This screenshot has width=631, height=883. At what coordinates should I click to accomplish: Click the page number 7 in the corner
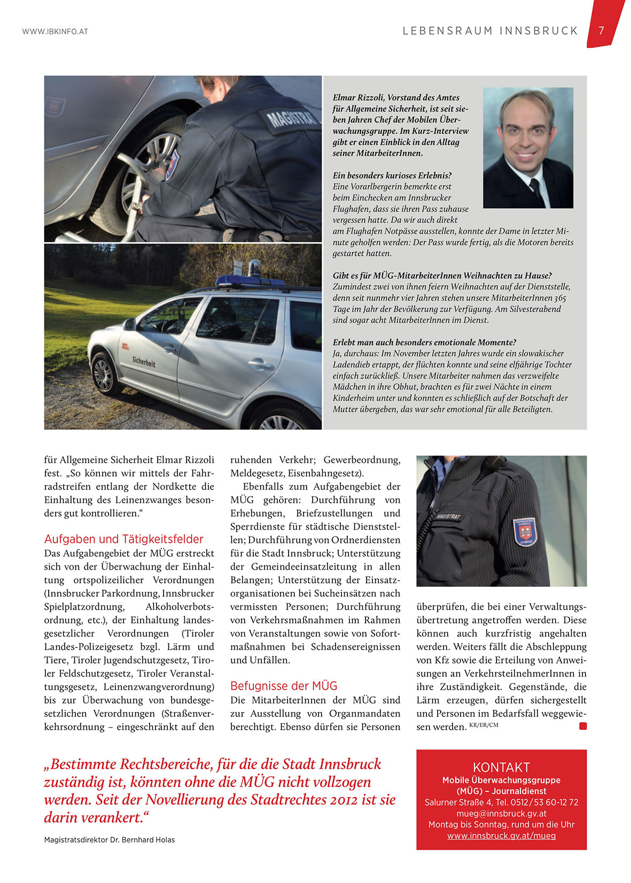pos(601,30)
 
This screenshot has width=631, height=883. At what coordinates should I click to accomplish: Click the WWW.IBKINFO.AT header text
pos(55,31)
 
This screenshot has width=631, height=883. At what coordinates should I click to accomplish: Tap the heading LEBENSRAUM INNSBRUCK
pos(490,31)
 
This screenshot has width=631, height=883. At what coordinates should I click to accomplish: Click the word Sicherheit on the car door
pos(144,362)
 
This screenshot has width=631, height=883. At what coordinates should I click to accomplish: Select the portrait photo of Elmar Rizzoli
pos(527,147)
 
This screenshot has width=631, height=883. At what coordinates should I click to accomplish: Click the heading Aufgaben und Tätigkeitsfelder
pos(124,539)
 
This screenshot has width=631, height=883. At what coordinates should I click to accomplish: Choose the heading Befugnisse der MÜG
pos(284,685)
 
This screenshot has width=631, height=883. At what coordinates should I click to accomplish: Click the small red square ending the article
pos(582,726)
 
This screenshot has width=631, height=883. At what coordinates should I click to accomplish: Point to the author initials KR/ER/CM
pos(484,725)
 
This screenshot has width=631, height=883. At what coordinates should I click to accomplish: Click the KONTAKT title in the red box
pos(501,767)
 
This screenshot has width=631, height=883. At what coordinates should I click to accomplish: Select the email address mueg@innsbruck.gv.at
pos(501,813)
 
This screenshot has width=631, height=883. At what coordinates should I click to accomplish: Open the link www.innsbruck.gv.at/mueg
pos(501,835)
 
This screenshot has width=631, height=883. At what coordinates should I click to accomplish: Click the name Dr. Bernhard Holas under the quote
pos(142,840)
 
